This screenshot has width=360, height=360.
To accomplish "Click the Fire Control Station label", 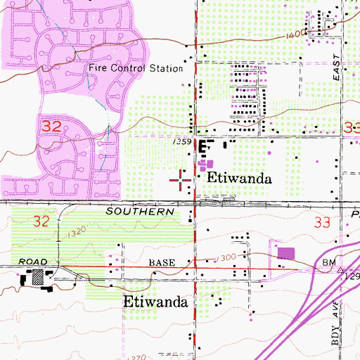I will click(x=136, y=69).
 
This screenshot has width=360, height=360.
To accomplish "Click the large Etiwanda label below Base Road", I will click(x=155, y=302).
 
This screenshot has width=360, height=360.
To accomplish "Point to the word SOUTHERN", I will click(x=140, y=211).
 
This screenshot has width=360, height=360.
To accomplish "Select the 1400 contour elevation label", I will click(x=298, y=34).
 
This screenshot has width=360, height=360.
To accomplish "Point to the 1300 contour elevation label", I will click(x=226, y=258).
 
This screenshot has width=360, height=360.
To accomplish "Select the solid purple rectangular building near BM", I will click(x=285, y=254).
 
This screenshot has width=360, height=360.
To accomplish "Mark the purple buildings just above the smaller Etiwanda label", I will click(x=205, y=165).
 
